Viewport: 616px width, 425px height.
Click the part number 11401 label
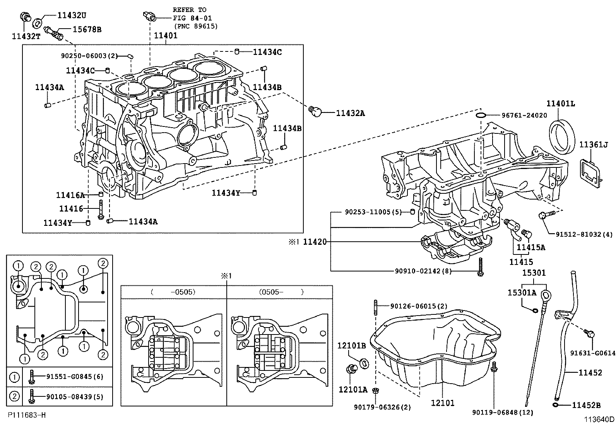166,35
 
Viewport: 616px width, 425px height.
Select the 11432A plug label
350,113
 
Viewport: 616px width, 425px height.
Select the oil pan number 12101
443,403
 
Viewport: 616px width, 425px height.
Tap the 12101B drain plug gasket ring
364,364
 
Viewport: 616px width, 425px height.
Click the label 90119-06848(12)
502,413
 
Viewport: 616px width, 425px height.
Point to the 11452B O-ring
556,405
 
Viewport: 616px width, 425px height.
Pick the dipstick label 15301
534,273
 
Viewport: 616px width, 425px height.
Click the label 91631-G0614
592,353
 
